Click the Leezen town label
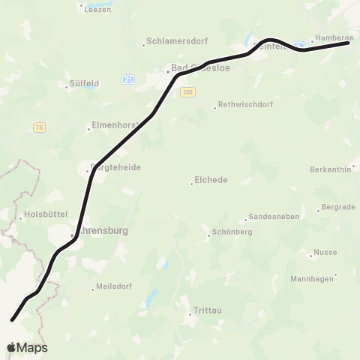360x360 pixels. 97,10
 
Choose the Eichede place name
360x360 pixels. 211,180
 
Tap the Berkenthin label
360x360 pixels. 330,169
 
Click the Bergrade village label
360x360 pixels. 337,207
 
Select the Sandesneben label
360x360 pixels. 274,216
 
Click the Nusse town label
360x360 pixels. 325,253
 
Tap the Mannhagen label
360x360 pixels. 312,279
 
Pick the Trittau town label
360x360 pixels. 207,310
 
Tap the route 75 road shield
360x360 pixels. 39,127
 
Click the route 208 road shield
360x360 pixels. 187,91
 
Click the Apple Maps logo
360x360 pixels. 27,347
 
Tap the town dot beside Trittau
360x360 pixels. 190,313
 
